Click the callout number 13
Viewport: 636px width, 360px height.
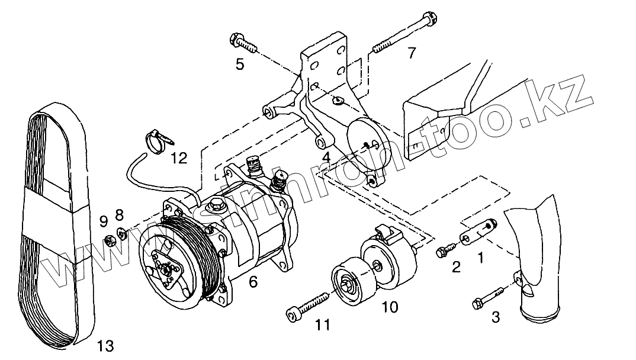104,345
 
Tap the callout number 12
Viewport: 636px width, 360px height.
178,157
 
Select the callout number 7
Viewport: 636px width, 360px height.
411,53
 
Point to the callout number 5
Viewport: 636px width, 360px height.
239,64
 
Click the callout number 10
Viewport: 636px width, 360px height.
390,307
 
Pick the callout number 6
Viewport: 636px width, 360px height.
253,282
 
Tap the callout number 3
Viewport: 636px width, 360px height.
496,317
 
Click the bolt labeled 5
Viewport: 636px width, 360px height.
243,43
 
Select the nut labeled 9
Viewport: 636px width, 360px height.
109,240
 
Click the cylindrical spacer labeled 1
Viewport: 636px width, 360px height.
478,233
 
